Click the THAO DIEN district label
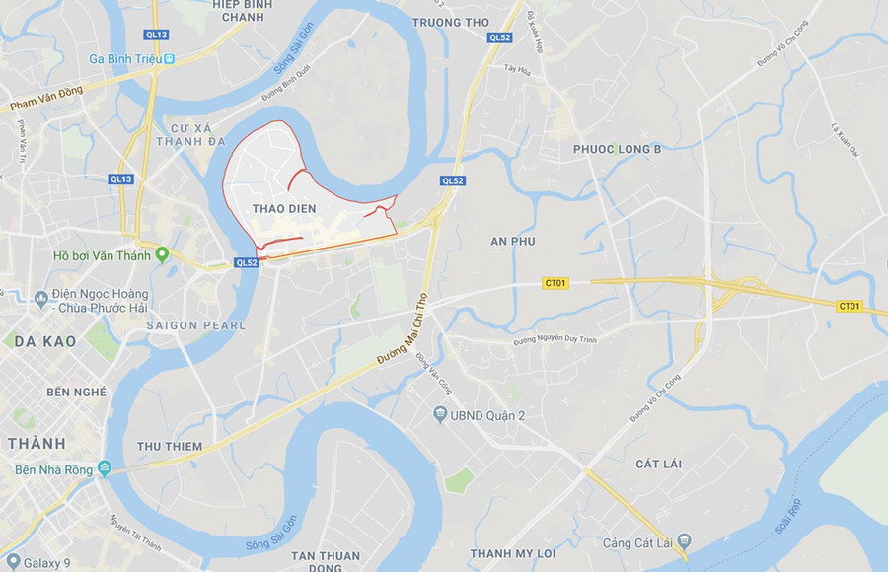click(284, 208)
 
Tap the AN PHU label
click(511, 241)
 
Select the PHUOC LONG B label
click(617, 149)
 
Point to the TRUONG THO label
click(450, 22)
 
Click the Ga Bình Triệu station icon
click(170, 59)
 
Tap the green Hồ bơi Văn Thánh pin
click(163, 255)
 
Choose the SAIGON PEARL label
click(195, 325)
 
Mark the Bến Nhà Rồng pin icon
click(104, 468)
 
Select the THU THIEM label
click(170, 446)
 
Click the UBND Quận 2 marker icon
click(440, 414)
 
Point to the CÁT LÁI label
click(659, 464)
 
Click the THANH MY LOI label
click(512, 553)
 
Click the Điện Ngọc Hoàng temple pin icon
click(40, 298)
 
